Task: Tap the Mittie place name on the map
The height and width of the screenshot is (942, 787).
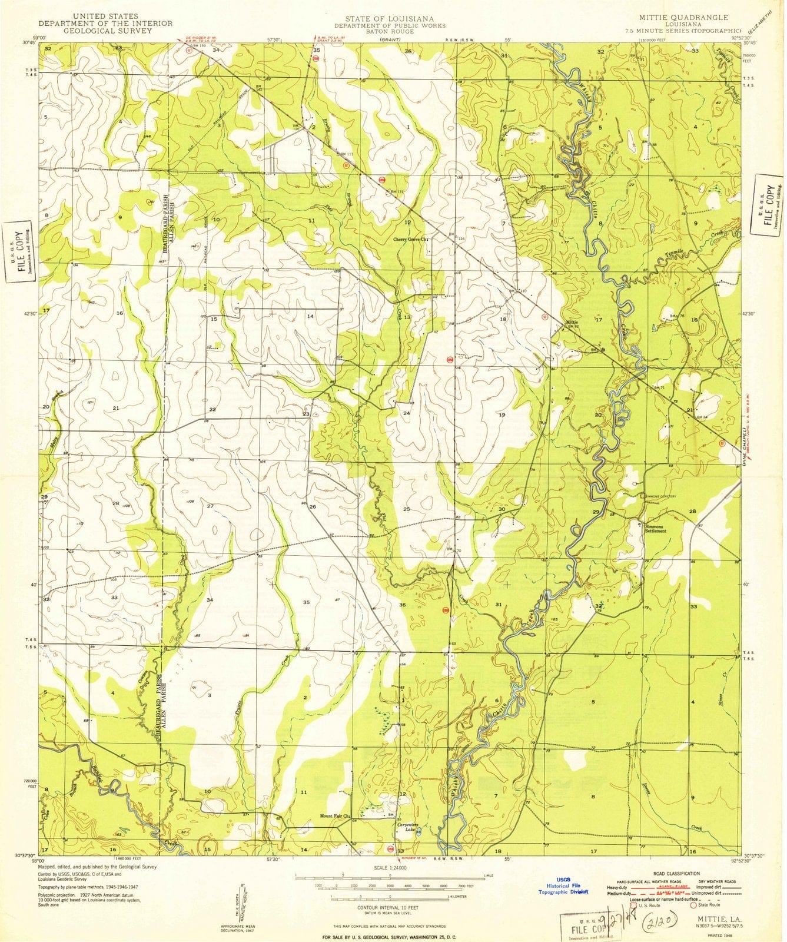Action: click(x=572, y=322)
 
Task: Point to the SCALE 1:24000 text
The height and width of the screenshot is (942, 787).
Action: click(x=390, y=868)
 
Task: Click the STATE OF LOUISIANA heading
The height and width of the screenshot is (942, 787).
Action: click(x=390, y=18)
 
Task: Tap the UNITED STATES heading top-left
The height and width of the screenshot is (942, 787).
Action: click(x=105, y=16)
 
